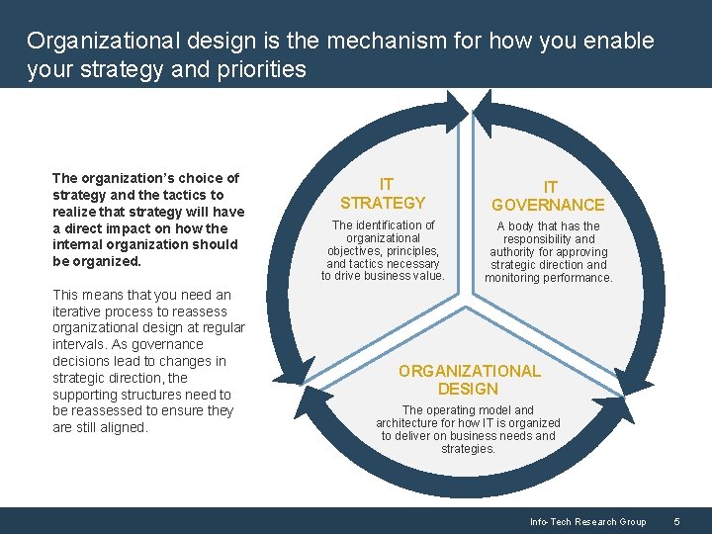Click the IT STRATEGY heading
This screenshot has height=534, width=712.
383,194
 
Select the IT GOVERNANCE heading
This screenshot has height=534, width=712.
548,196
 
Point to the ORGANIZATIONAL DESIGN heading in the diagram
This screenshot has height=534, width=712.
469,380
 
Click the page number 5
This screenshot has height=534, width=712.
676,522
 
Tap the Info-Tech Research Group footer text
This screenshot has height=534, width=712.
587,522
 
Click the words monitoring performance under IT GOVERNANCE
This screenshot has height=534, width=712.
549,278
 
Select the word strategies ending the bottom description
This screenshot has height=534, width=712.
468,449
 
